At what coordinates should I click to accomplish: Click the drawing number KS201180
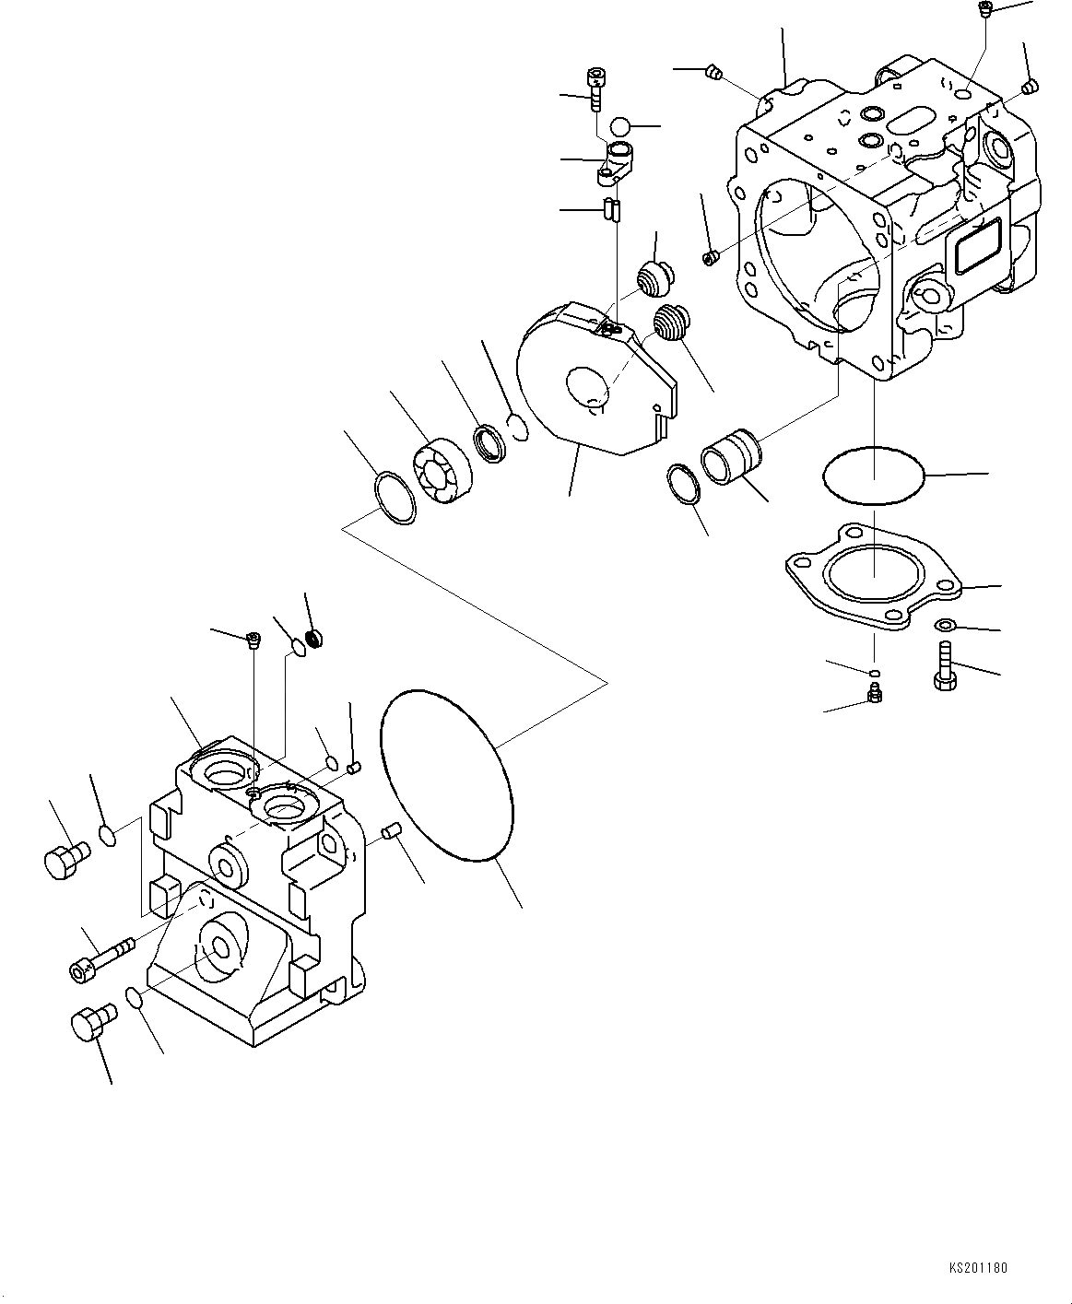click(x=978, y=1268)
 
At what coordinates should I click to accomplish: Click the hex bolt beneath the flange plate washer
click(x=944, y=672)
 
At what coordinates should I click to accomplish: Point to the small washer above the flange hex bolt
click(x=945, y=626)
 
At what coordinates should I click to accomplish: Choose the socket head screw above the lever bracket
click(x=595, y=89)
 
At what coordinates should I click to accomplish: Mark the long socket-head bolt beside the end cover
click(x=99, y=958)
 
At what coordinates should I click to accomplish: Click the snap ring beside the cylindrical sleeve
click(x=683, y=484)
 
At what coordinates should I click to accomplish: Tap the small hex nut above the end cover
click(x=314, y=636)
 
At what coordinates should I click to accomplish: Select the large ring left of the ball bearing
click(x=395, y=498)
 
